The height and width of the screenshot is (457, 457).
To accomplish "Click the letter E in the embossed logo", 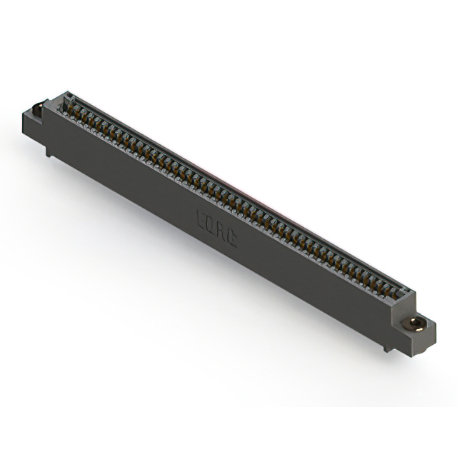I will [x=201, y=217].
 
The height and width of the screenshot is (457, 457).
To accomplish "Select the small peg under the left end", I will [x=49, y=151].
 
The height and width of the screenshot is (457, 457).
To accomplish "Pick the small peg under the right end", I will [x=386, y=347].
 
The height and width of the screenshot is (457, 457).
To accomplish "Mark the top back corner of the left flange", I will [x=44, y=101].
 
